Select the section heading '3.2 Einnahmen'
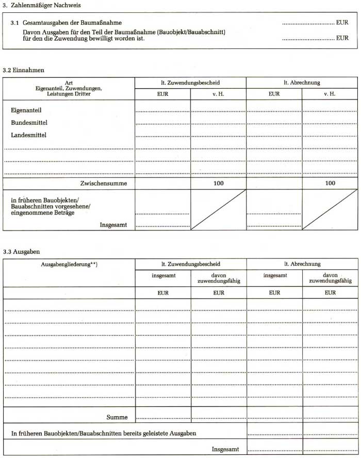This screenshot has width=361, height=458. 23,69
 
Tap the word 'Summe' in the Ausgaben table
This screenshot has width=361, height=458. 117,417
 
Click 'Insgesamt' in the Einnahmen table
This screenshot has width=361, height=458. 114,225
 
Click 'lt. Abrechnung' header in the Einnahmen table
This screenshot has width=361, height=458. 302,83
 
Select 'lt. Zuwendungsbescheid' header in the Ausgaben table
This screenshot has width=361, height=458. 190,264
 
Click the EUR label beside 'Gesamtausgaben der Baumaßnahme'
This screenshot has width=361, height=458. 342,23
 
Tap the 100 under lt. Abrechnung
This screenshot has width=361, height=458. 330,183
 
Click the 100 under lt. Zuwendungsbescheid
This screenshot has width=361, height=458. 218,183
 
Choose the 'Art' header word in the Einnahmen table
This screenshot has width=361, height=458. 69,83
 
